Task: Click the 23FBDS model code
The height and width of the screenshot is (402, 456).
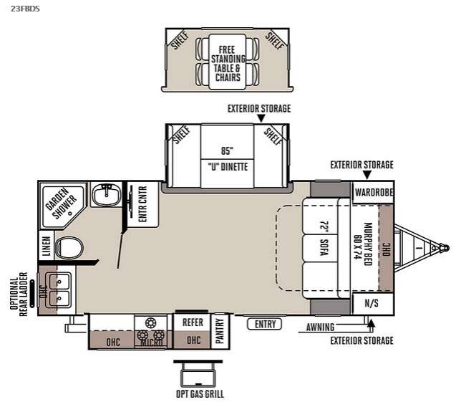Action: click(x=25, y=9)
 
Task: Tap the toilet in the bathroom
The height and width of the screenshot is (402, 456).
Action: click(x=69, y=248)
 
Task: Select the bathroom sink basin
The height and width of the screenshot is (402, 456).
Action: click(x=106, y=193)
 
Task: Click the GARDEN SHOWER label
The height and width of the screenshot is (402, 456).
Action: click(x=61, y=204)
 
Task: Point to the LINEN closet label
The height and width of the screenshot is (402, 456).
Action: click(x=47, y=246)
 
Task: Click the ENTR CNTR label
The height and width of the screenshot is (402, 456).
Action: click(x=142, y=204)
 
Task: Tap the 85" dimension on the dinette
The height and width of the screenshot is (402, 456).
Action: click(x=227, y=150)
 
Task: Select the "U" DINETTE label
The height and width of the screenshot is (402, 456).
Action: click(x=228, y=167)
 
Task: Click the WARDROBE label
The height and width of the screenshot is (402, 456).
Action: click(x=374, y=192)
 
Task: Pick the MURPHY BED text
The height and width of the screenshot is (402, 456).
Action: click(x=368, y=244)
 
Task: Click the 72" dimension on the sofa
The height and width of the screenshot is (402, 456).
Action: click(x=324, y=228)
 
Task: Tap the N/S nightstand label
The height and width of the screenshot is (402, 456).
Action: click(x=372, y=303)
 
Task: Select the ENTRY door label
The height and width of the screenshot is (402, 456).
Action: click(x=265, y=324)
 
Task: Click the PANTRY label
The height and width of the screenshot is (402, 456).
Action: click(x=220, y=330)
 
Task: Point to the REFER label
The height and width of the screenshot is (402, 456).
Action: click(x=193, y=322)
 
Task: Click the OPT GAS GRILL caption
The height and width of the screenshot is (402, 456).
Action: click(x=200, y=394)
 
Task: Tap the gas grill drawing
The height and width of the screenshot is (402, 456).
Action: click(x=198, y=373)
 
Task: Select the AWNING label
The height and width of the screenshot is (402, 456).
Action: click(x=320, y=327)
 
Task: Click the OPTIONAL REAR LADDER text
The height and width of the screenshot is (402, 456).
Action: click(x=19, y=294)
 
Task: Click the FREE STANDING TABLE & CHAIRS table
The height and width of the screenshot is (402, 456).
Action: click(x=228, y=62)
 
